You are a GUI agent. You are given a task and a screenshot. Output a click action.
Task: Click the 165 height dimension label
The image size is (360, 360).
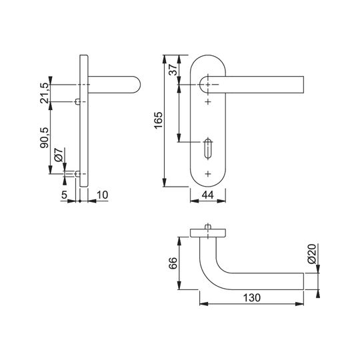click(159, 120)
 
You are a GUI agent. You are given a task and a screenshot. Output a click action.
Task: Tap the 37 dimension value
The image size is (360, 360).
click(173, 70)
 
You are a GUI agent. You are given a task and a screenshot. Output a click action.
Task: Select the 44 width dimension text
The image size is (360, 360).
click(208, 195)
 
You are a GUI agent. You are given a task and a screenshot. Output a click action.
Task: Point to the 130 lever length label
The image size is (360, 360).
click(251, 298)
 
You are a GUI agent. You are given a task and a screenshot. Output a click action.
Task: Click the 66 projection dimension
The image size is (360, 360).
click(173, 263)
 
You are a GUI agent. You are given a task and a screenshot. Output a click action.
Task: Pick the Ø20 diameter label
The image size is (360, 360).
click(312, 254)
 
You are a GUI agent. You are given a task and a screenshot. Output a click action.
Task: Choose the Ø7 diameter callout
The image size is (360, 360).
click(59, 155)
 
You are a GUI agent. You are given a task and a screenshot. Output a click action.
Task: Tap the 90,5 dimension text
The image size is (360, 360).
click(44, 138)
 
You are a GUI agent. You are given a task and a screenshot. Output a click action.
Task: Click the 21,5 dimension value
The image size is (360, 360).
click(44, 93)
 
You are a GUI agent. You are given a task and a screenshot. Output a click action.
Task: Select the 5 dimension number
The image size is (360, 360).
click(64, 195)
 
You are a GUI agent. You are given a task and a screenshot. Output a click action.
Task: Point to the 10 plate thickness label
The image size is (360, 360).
click(102, 195)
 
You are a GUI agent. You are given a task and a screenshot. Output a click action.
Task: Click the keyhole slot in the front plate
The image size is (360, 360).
click(208, 148)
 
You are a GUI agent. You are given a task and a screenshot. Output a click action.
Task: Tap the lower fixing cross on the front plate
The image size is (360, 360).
click(208, 174)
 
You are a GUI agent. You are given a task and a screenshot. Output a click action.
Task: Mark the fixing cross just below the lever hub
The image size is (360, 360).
click(208, 101)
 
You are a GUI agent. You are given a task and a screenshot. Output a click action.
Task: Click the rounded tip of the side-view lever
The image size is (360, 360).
click(138, 85)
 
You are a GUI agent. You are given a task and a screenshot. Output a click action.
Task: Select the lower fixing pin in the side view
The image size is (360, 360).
click(78, 174)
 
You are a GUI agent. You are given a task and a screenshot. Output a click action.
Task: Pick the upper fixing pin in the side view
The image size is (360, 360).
click(78, 101)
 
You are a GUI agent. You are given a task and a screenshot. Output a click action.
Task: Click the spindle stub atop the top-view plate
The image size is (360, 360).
click(208, 227)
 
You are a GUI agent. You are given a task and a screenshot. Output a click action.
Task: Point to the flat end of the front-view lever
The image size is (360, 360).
click(303, 85)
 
